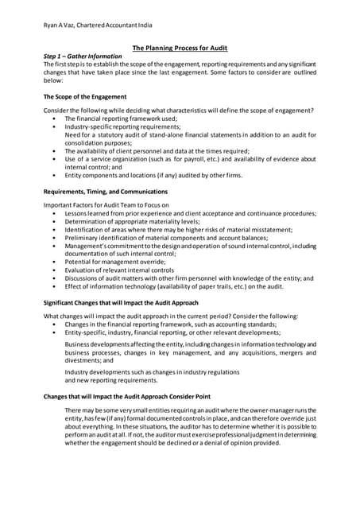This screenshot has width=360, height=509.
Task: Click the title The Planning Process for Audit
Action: coord(180,48)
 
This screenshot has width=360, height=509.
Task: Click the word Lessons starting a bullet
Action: coord(78,214)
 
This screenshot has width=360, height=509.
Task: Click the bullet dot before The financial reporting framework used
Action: coord(53,117)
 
